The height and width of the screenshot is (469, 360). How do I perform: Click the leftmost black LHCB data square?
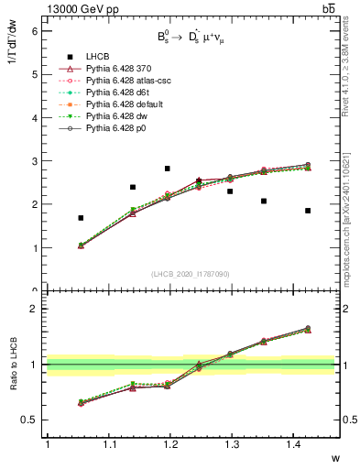pos(81,218)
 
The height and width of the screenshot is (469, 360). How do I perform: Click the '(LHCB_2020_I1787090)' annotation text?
pos(190,274)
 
